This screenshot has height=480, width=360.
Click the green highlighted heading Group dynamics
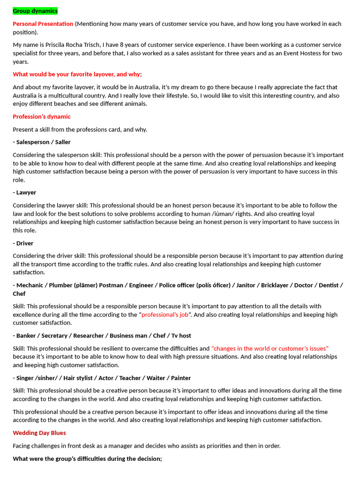(35, 11)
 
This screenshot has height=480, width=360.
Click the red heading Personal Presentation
(43, 24)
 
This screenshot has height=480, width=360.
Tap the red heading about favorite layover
(77, 74)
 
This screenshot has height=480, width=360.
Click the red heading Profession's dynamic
(42, 117)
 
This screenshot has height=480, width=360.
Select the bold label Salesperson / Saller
(42, 142)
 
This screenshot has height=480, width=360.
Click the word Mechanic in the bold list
(31, 285)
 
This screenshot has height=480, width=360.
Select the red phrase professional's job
(165, 315)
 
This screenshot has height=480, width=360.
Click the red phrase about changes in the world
(270, 348)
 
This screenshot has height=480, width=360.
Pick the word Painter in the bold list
(181, 378)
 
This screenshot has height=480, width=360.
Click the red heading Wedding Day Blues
(39, 433)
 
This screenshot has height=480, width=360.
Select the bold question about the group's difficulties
(87, 458)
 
